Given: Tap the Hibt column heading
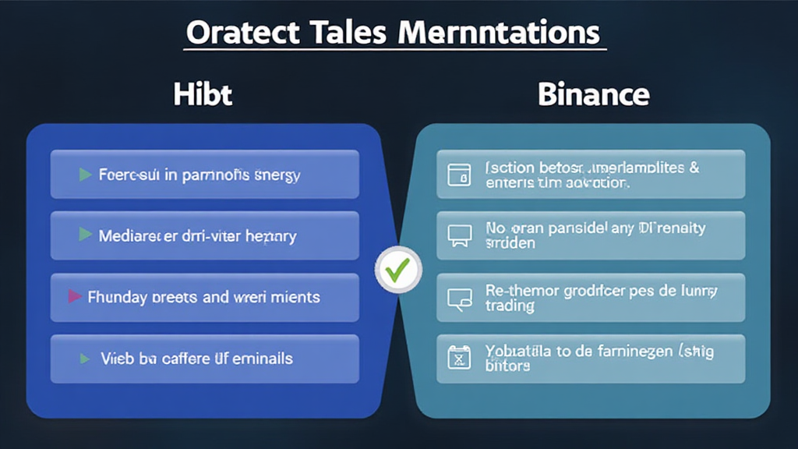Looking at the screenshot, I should (x=203, y=95).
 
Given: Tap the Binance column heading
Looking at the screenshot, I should (x=593, y=95).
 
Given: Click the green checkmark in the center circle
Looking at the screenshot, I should (x=398, y=271).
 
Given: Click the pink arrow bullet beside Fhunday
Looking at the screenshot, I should (x=75, y=296).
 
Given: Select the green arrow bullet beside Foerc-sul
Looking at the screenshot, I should (x=86, y=175).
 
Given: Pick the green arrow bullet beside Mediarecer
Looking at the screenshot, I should (x=86, y=235).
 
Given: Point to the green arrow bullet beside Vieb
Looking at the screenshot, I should (x=86, y=359).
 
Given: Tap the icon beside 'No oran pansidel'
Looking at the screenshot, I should (x=459, y=235).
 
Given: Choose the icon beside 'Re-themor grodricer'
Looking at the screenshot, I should (x=459, y=297).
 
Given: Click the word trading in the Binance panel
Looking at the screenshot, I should (x=510, y=306).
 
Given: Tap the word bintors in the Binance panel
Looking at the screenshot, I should (x=507, y=366).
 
